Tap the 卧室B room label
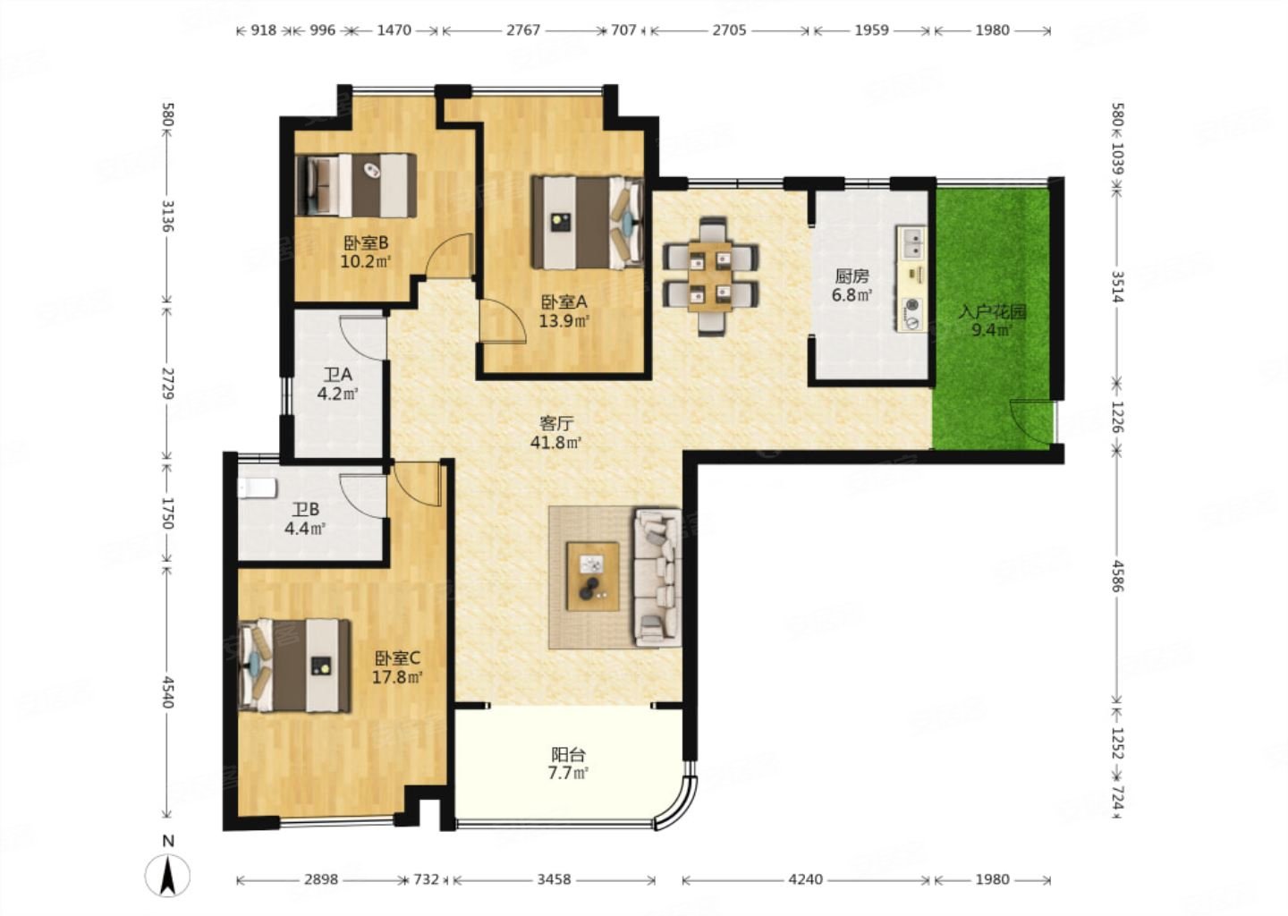[x=366, y=242]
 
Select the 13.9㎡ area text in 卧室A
[x=564, y=321]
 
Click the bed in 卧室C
[x=294, y=666]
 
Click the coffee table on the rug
[x=593, y=576]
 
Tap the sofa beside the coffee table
[x=657, y=577]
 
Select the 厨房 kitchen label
[x=852, y=276]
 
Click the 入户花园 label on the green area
[x=993, y=312]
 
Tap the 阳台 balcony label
[x=568, y=754]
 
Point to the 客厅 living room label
[x=556, y=424]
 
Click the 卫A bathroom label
[x=337, y=375]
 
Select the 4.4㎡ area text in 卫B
[x=305, y=529]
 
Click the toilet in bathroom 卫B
[x=258, y=488]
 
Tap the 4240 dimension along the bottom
[x=806, y=879]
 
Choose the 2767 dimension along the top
[x=523, y=30]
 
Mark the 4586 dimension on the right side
[x=1118, y=575]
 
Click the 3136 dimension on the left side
[x=168, y=216]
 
